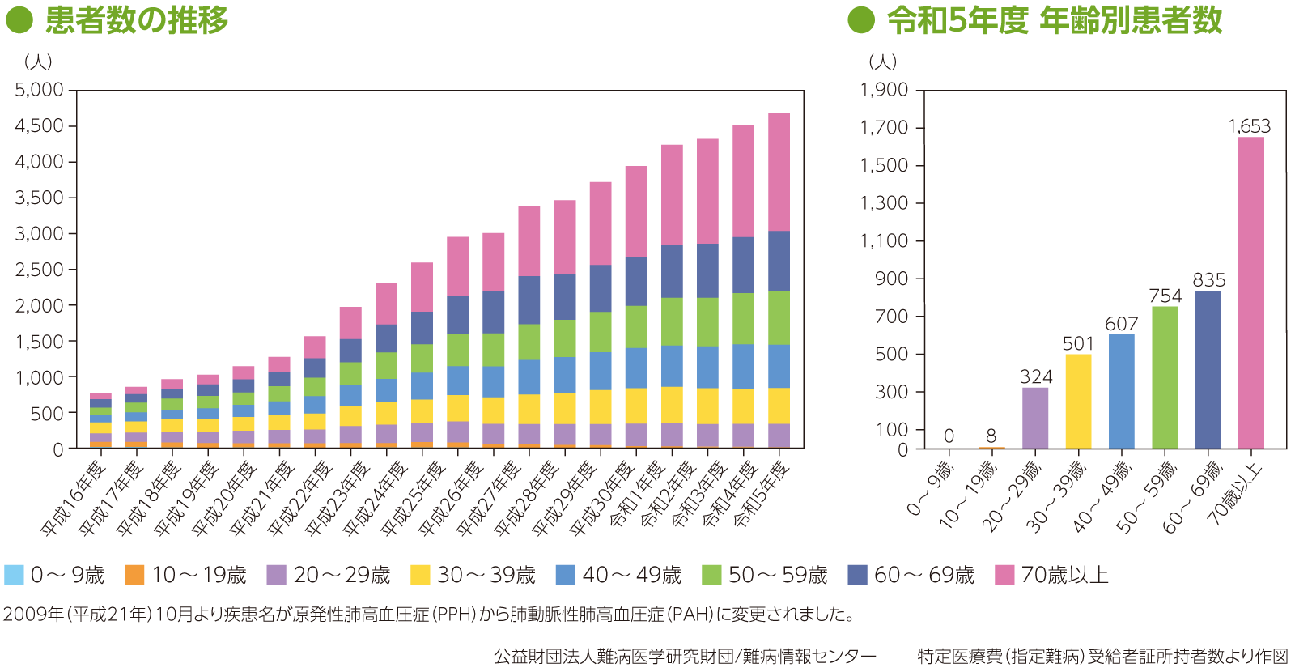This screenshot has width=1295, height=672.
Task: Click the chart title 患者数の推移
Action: (137, 20)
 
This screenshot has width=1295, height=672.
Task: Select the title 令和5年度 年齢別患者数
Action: (1054, 20)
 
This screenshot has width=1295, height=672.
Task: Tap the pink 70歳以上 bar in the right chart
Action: (1250, 291)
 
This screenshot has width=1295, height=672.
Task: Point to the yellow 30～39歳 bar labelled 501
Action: (1078, 401)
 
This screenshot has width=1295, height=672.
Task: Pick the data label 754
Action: (1165, 296)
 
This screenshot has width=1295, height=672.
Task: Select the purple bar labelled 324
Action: (1034, 418)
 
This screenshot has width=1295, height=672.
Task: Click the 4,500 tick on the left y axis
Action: (39, 125)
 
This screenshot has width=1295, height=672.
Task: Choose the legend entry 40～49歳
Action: (631, 575)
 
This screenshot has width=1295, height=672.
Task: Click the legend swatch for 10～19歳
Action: (134, 575)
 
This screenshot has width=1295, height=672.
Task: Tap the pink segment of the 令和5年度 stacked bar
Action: (779, 172)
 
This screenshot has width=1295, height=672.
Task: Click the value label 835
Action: (1208, 280)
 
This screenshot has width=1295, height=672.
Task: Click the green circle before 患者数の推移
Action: (19, 20)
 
